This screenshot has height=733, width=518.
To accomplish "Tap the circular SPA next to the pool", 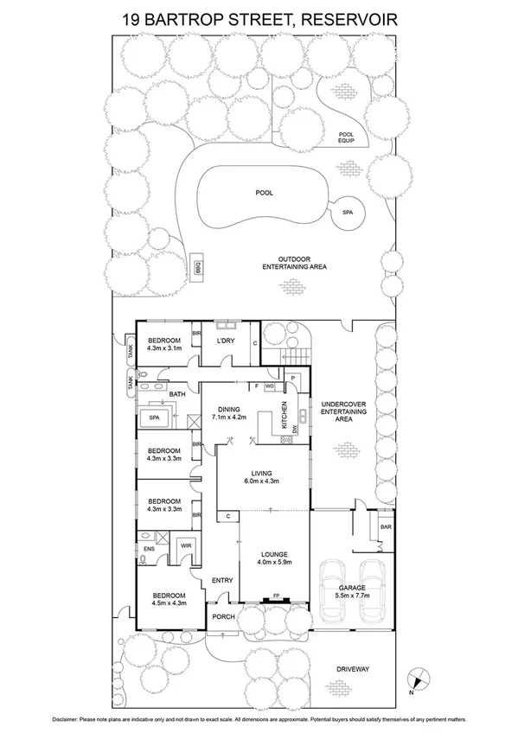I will (x=348, y=212).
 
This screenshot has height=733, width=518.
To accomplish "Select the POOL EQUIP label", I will (x=347, y=138).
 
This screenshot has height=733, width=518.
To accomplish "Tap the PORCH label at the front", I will (x=222, y=617).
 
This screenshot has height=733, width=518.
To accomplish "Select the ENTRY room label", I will (x=222, y=580).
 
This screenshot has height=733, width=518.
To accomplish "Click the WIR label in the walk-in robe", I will (x=185, y=546).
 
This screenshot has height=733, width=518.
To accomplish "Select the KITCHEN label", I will (x=283, y=416).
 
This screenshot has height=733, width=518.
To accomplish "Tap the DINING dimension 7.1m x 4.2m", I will (x=230, y=417).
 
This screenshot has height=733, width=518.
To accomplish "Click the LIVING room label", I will (x=261, y=474).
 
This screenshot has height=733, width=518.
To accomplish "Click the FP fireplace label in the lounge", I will (x=277, y=596).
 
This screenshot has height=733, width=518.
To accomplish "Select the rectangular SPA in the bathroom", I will (x=157, y=417).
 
